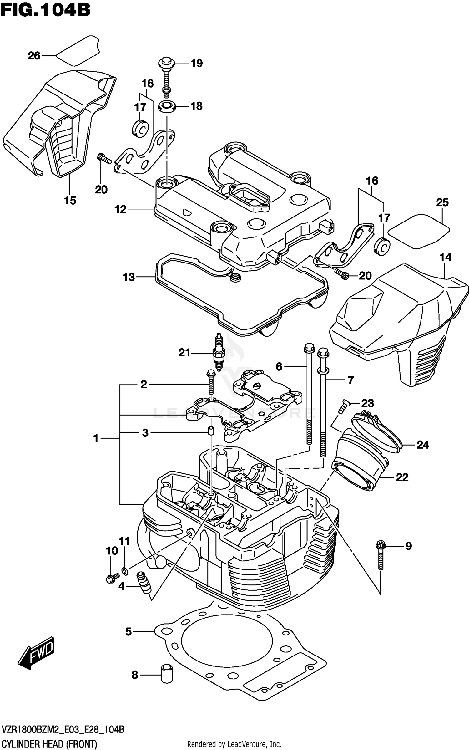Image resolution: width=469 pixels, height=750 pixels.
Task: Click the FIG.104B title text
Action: pyautogui.click(x=45, y=10)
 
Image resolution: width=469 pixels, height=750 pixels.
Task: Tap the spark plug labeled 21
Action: pyautogui.click(x=219, y=353)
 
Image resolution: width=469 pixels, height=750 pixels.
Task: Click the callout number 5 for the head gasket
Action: pyautogui.click(x=129, y=632)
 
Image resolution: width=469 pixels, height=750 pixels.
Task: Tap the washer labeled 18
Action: pyautogui.click(x=166, y=106)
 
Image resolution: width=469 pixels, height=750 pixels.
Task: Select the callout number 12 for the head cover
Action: pyautogui.click(x=120, y=209)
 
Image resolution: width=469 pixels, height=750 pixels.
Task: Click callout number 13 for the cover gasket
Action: pyautogui.click(x=129, y=277)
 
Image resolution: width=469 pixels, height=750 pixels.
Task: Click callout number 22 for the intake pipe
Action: pyautogui.click(x=402, y=477)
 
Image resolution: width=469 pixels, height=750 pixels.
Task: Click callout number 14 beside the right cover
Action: pyautogui.click(x=445, y=257)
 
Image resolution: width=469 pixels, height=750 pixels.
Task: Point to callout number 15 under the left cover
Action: pyautogui.click(x=70, y=200)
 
